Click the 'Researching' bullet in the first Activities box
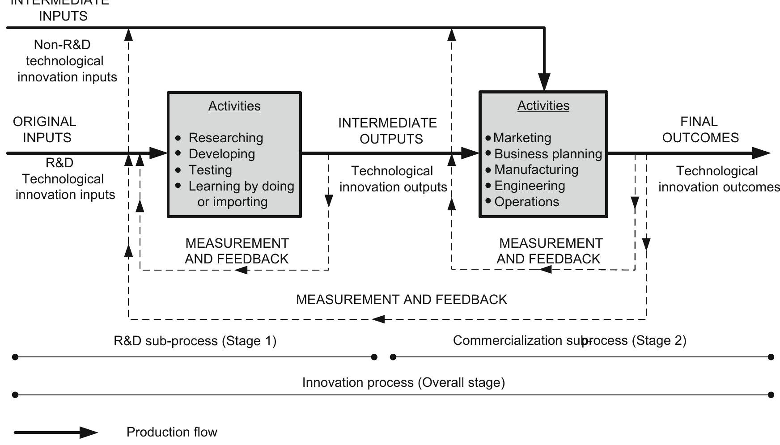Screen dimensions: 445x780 [x=225, y=138]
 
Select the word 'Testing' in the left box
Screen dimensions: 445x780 [x=210, y=170]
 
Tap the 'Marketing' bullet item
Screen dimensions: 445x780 [x=522, y=138]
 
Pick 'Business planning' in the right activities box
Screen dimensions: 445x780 [x=548, y=154]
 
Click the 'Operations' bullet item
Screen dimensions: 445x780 [x=526, y=202]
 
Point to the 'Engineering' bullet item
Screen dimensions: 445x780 [x=530, y=186]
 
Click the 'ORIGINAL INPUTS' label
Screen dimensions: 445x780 [x=45, y=130]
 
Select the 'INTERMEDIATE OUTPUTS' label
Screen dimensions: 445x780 [x=388, y=131]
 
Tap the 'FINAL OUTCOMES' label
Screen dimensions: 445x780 [x=700, y=130]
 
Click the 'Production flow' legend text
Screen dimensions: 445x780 [x=172, y=432]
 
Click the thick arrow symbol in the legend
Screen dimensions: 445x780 [x=56, y=432]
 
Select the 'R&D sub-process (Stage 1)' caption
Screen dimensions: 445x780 [x=195, y=341]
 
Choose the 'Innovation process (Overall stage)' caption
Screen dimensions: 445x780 [x=403, y=383]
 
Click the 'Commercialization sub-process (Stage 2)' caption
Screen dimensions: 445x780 [x=569, y=341]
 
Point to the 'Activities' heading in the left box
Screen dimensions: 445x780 [x=234, y=106]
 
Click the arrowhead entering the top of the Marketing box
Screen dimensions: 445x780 [x=544, y=83]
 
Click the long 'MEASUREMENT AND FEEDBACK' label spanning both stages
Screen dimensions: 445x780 [x=402, y=300]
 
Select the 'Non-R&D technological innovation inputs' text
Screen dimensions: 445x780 [x=67, y=61]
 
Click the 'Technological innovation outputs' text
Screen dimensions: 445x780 [x=393, y=179]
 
